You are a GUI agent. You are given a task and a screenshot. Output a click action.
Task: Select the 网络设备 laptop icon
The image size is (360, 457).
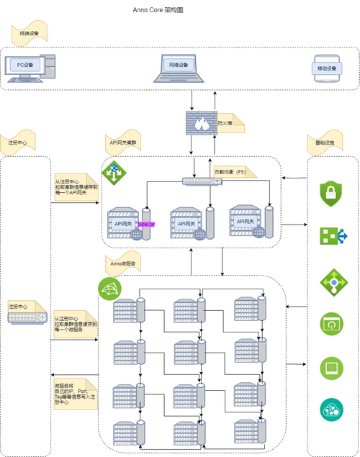pos(178,66)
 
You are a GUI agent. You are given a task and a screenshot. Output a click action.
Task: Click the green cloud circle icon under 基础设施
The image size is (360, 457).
pos(331,410)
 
